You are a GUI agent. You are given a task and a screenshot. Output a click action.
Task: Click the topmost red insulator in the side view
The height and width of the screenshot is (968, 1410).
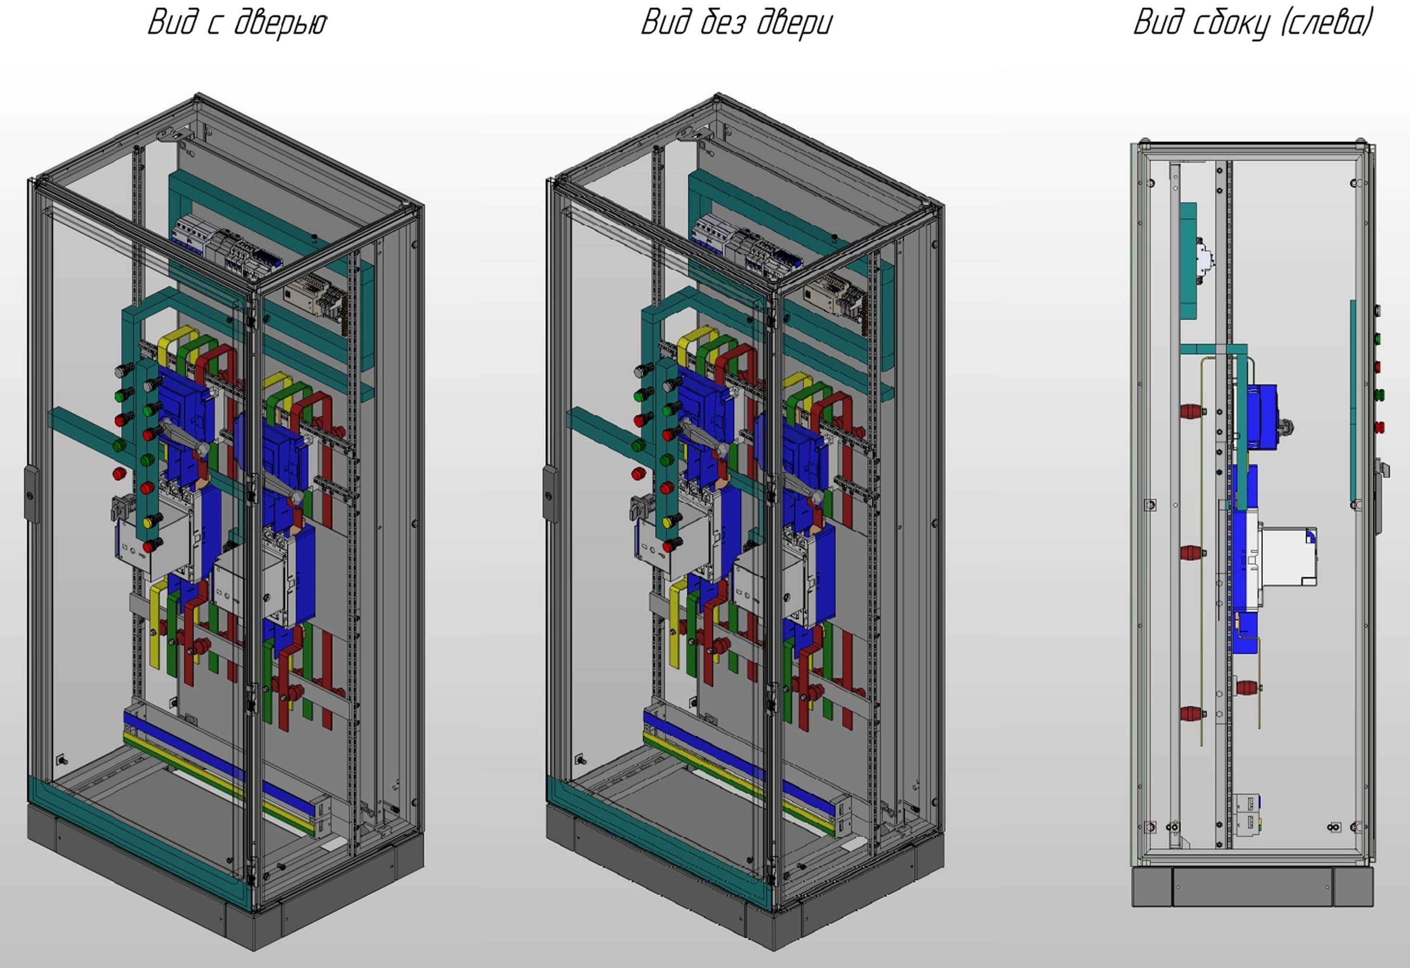tap(1193, 411)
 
